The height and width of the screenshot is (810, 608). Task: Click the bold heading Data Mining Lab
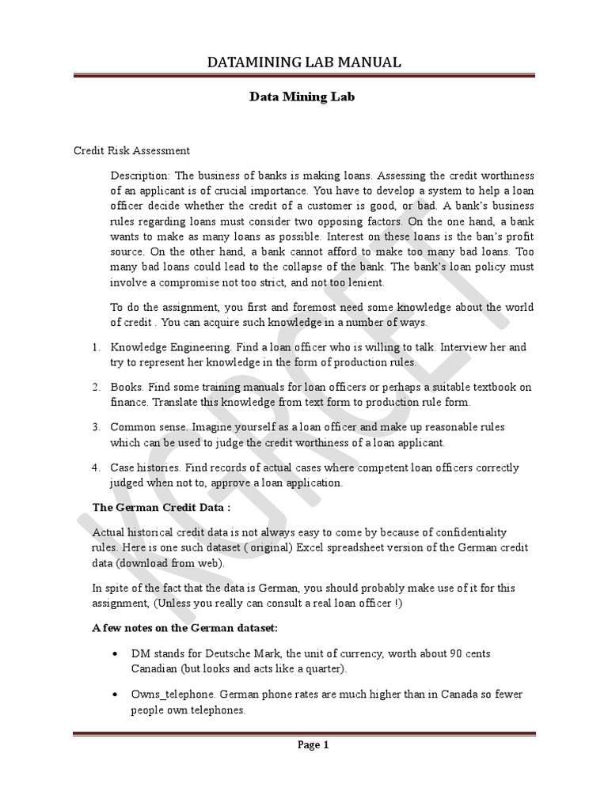pyautogui.click(x=303, y=98)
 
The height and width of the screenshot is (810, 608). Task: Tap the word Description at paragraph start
pyautogui.click(x=139, y=175)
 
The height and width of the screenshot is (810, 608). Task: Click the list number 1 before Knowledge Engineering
pyautogui.click(x=94, y=347)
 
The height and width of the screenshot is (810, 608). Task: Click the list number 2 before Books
pyautogui.click(x=94, y=387)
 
